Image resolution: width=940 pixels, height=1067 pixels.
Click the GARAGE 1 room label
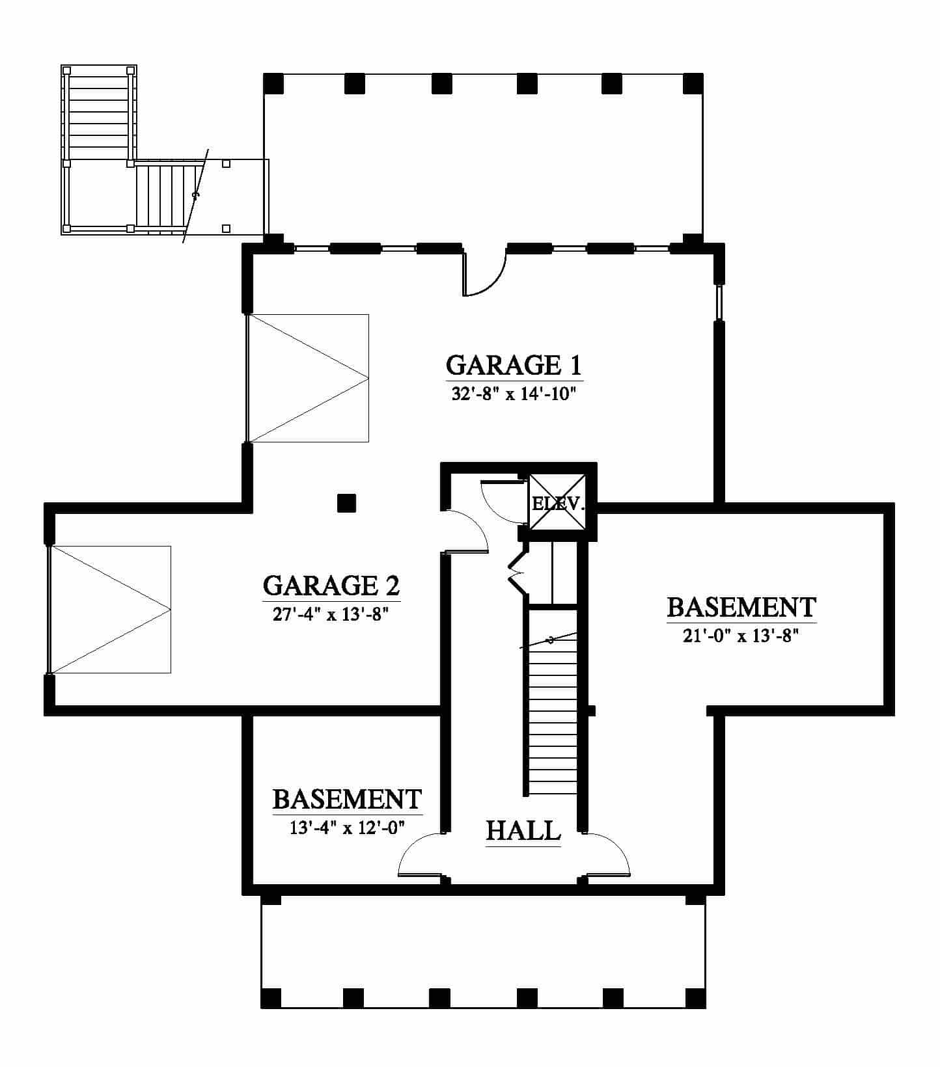[x=514, y=365]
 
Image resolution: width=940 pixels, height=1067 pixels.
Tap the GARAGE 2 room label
[x=331, y=586]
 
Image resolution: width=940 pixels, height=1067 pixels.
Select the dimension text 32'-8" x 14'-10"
[x=514, y=394]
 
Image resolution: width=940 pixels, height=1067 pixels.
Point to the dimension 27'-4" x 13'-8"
[x=331, y=614]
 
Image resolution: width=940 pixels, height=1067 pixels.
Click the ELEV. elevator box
[x=557, y=503]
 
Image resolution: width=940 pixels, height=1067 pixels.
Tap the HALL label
[x=523, y=831]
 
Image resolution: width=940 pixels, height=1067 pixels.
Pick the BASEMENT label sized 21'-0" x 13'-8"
[x=741, y=607]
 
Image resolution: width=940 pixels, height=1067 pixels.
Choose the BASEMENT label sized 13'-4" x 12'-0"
[x=347, y=799]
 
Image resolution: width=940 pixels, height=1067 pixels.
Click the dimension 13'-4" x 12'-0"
[x=348, y=828]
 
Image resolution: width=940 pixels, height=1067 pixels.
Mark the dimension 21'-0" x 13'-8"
[x=741, y=636]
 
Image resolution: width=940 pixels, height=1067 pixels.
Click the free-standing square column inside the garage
[x=346, y=503]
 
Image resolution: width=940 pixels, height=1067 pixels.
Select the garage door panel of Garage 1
[x=307, y=378]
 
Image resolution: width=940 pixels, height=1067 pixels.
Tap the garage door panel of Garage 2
[x=109, y=609]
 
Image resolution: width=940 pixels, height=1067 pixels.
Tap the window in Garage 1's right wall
[x=719, y=303]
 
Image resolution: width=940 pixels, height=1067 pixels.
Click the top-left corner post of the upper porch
[x=273, y=83]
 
